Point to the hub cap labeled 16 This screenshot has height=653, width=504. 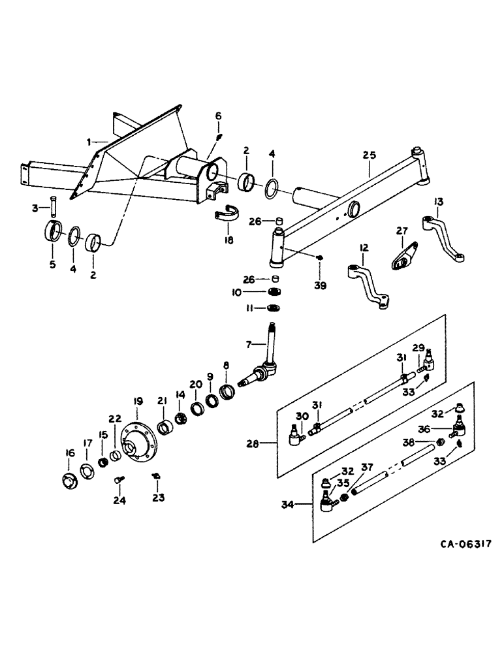coord(69,479)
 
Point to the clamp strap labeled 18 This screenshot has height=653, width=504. coord(227,216)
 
